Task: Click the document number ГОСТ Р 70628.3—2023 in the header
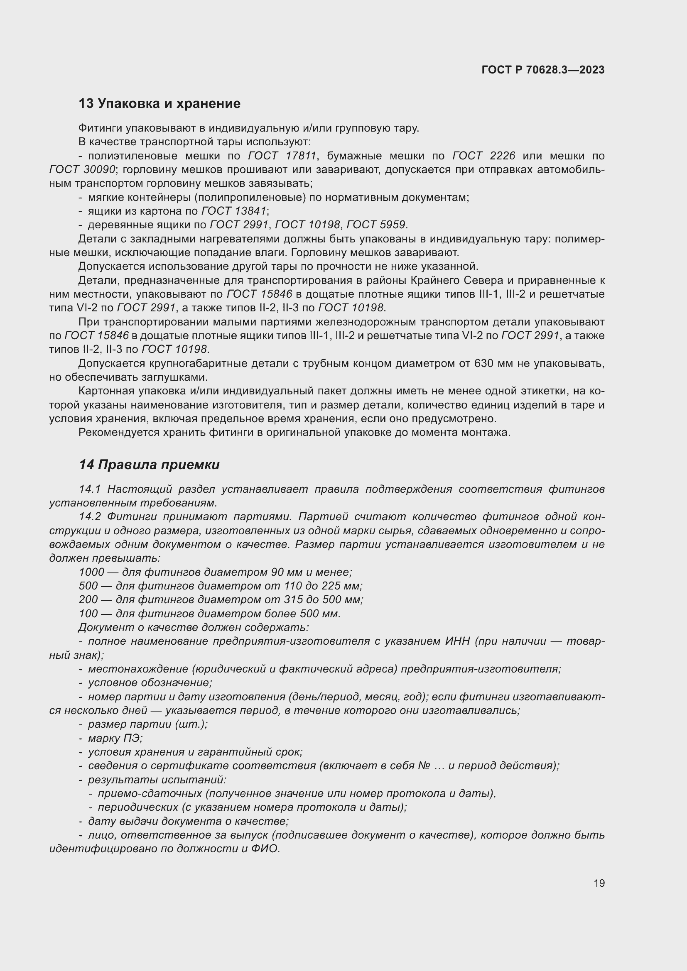(x=543, y=70)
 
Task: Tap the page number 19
(x=599, y=883)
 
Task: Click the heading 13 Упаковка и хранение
(x=159, y=104)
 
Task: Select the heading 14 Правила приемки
(x=149, y=465)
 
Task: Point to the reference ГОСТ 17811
(x=282, y=156)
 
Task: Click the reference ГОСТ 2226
(x=483, y=156)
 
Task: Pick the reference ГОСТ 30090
(x=82, y=170)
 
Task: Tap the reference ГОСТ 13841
(x=234, y=210)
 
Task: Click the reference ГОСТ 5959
(x=376, y=225)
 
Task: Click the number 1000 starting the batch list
(x=91, y=572)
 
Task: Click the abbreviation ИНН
(x=457, y=641)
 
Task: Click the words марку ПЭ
(x=115, y=738)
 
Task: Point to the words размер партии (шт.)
(x=147, y=724)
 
